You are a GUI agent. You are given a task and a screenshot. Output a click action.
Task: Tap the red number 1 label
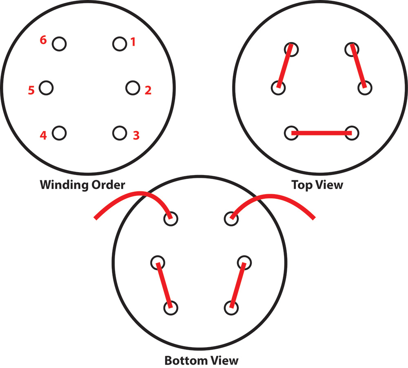133,42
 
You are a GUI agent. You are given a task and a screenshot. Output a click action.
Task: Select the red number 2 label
148,90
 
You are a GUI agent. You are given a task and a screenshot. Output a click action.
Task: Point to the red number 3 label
136,135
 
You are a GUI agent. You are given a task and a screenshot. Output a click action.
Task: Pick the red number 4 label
43,135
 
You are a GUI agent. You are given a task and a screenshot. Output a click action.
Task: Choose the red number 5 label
31,90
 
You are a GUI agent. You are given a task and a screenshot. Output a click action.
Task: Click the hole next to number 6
59,43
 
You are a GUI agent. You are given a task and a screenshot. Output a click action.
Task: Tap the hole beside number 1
119,43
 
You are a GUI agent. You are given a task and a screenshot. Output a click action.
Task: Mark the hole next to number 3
119,133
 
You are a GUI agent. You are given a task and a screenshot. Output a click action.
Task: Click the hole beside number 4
59,133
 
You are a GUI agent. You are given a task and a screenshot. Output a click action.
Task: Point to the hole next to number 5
46,88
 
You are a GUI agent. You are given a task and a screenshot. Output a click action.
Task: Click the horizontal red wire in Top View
322,133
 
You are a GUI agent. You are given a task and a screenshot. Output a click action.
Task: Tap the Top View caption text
317,185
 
